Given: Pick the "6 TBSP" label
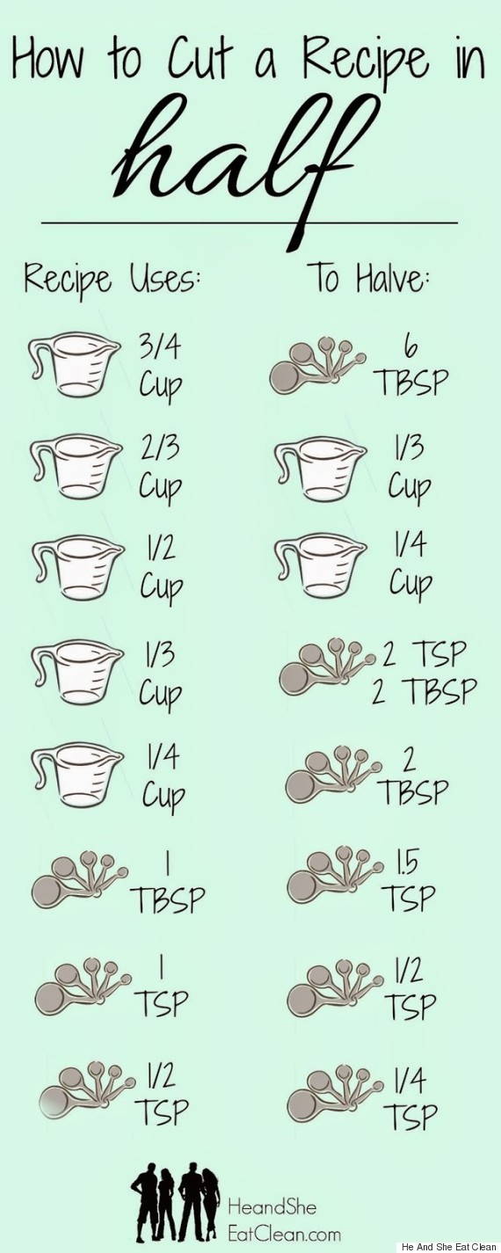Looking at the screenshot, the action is pyautogui.click(x=413, y=368).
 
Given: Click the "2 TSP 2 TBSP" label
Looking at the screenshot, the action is pyautogui.click(x=425, y=673).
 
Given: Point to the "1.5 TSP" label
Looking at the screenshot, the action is pyautogui.click(x=409, y=880).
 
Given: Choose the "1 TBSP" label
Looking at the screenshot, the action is pyautogui.click(x=168, y=883).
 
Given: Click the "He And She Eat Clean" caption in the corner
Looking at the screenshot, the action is pyautogui.click(x=448, y=1247).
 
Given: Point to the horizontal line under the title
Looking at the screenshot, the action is pyautogui.click(x=250, y=222).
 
